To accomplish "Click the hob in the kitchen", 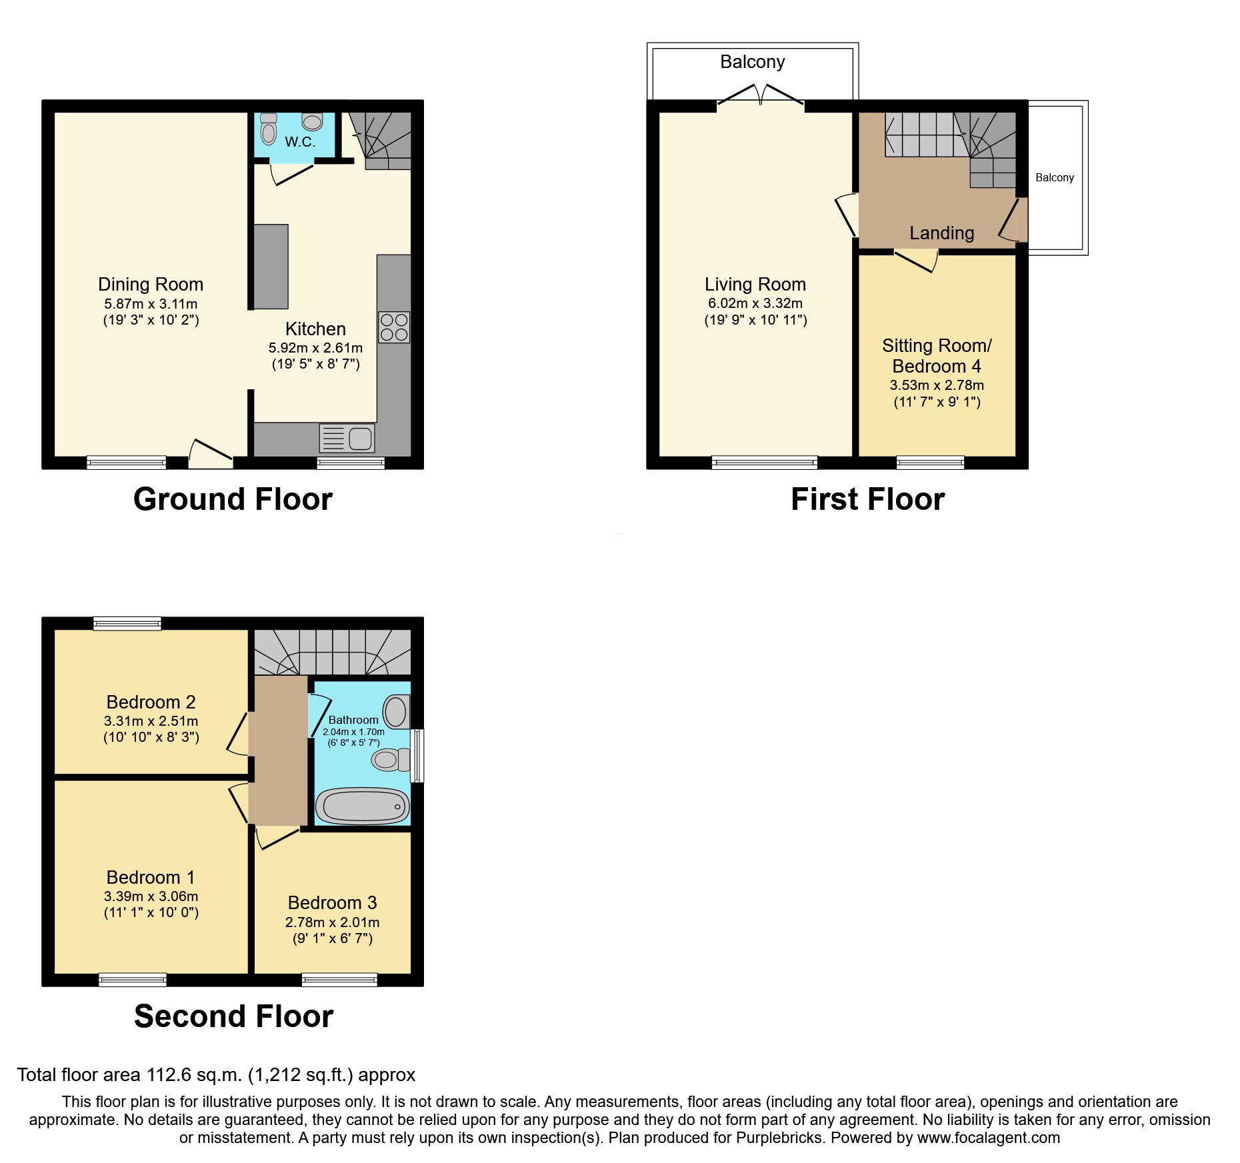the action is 393,327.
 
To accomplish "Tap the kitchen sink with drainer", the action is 347,438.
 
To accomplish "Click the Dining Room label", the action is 151,285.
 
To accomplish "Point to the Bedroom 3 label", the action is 332,902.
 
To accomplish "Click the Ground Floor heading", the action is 233,499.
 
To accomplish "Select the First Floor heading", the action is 867,499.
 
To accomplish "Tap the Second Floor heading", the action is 233,1016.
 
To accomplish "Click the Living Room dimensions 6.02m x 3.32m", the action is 755,303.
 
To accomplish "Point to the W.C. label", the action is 300,142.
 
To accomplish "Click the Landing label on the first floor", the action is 941,233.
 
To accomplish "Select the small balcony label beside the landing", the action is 1055,178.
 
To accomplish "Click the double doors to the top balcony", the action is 761,95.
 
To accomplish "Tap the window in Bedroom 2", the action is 127,624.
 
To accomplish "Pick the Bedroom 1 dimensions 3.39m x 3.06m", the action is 151,896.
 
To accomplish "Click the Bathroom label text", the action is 353,720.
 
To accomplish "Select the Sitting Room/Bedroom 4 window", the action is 930,463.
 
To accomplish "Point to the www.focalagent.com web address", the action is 989,1138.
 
